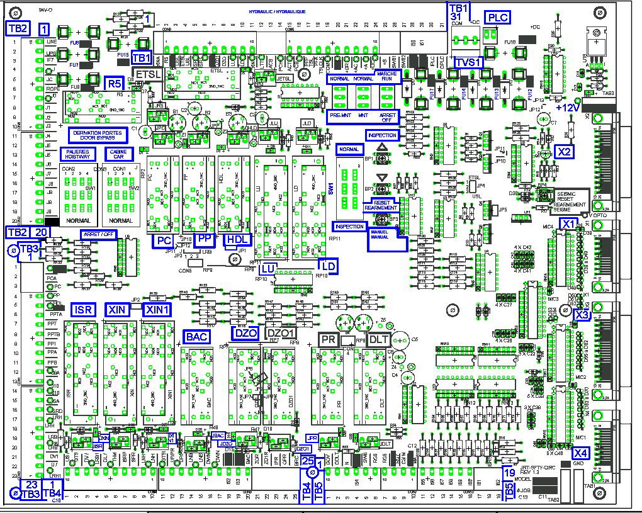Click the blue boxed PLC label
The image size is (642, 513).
497,17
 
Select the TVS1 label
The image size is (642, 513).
468,62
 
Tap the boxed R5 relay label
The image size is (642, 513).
114,82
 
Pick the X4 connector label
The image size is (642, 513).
582,452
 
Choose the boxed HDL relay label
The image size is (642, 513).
237,239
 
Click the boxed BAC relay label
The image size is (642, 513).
196,337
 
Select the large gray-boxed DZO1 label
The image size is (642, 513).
281,333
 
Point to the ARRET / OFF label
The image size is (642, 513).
99,234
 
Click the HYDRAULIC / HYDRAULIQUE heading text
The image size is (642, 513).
278,12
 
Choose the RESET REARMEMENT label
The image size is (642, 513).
381,205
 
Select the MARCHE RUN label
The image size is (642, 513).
386,76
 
